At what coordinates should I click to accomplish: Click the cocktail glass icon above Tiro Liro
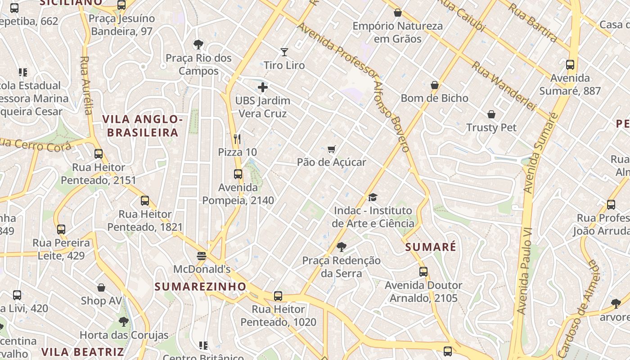click(x=284, y=52)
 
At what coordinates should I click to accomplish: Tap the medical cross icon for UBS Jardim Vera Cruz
click(x=263, y=87)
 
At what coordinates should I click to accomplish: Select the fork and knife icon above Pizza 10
click(x=238, y=139)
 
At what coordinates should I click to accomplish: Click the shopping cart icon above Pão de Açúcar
click(x=332, y=149)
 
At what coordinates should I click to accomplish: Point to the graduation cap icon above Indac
click(x=373, y=197)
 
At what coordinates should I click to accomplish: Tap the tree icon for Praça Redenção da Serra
click(x=342, y=247)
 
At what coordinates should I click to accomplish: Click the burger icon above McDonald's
click(x=202, y=256)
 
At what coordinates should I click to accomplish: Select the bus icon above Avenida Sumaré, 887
click(x=570, y=65)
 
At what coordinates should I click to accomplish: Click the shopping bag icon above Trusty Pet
click(x=491, y=114)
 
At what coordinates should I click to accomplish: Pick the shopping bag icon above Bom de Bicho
click(x=435, y=85)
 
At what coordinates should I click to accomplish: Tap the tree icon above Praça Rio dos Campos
click(x=198, y=45)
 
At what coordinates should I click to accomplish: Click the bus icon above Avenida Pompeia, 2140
click(x=238, y=174)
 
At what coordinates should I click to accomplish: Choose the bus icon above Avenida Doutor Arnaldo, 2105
click(x=423, y=272)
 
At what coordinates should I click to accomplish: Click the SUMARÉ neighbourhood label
click(x=431, y=247)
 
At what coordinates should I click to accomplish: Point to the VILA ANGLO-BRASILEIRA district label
click(x=143, y=126)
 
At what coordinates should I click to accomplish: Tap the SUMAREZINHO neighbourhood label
click(x=201, y=287)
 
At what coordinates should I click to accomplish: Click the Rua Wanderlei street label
click(x=504, y=85)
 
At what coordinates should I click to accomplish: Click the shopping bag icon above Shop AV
click(x=101, y=288)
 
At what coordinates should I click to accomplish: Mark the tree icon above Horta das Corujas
click(x=124, y=322)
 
